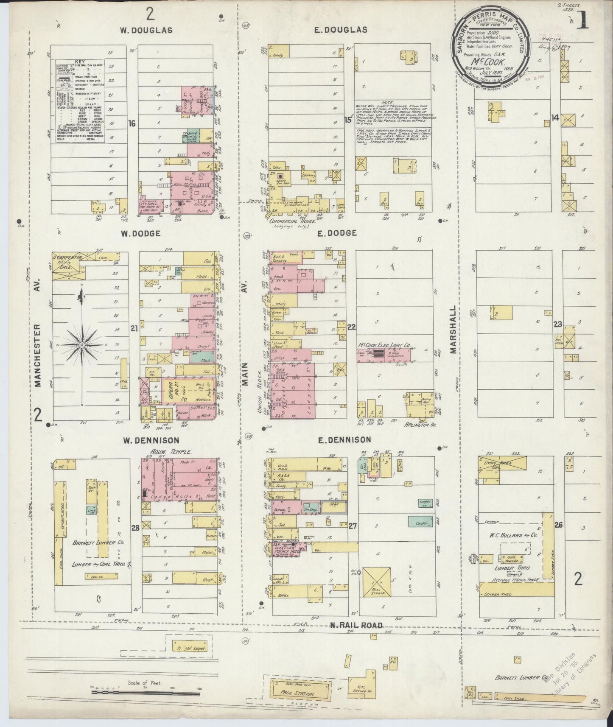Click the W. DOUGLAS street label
point(146,30)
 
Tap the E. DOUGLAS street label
point(346,30)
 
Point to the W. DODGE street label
point(140,233)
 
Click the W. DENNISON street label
point(151,440)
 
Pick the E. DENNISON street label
point(345,440)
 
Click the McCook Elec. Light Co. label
point(384,345)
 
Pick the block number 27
point(352,526)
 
